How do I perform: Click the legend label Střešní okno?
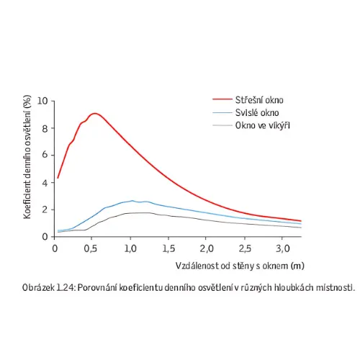point(259,100)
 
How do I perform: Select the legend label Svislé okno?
point(257,112)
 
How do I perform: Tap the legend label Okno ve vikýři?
point(263,125)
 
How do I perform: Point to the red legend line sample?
point(222,99)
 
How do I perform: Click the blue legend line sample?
point(222,112)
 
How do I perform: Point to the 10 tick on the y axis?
point(42,101)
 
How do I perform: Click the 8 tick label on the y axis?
point(45,129)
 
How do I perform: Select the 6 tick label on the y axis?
point(45,155)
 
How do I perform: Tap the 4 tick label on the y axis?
point(45,183)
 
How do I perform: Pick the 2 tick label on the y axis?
point(45,210)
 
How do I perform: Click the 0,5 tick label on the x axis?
point(91,248)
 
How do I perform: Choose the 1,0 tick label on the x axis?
point(130,248)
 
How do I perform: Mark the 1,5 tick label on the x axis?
point(168,248)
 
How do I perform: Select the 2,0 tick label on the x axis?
point(207,248)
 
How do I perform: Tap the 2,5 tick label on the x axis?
point(245,248)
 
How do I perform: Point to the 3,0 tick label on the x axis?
point(283,248)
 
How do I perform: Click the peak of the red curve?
point(95,113)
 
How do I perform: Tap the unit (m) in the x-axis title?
point(297,266)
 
